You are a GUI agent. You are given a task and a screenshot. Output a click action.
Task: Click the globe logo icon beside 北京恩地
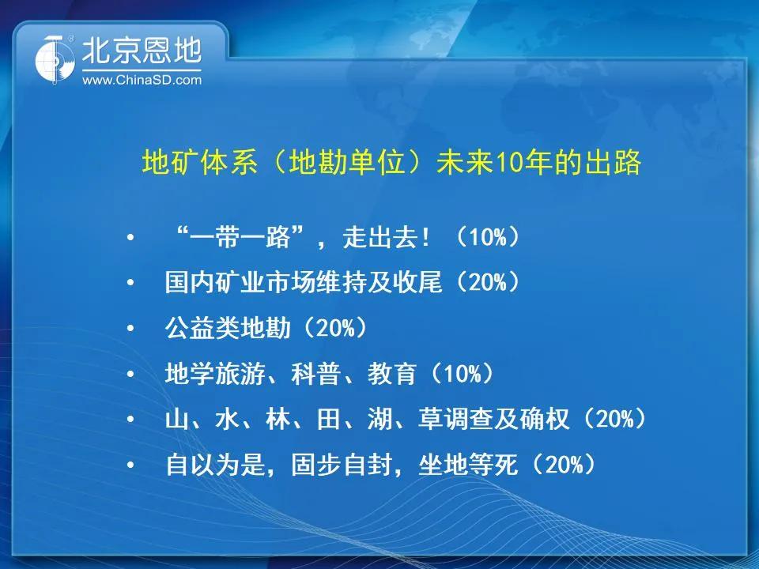point(55,59)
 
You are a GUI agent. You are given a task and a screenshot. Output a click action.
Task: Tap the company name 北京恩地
point(142,51)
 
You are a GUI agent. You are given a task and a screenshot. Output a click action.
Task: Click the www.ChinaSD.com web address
point(142,80)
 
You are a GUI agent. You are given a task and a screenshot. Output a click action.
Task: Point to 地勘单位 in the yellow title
point(346,162)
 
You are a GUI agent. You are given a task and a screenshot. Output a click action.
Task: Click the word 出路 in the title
point(613,162)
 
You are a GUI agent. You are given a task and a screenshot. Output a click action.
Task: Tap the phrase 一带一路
point(240,237)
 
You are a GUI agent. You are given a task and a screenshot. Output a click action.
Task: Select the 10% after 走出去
point(488,237)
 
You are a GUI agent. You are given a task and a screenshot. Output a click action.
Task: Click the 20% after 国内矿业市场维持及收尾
point(488,282)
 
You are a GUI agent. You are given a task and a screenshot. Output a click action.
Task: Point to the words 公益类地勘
point(228,328)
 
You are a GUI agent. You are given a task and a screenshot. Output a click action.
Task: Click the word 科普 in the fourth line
point(315,374)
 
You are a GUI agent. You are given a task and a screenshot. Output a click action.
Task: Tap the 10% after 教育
point(463,374)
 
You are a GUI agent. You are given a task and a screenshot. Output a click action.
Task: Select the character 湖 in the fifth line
point(379,419)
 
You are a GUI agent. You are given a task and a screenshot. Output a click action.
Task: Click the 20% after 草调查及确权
point(615,419)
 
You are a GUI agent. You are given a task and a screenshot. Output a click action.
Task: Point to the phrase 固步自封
point(341,465)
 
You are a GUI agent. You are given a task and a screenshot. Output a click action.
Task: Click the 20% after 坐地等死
point(565,465)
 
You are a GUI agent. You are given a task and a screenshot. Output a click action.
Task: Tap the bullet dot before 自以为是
point(130,465)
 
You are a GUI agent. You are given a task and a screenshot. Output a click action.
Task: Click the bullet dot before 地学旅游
point(130,374)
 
